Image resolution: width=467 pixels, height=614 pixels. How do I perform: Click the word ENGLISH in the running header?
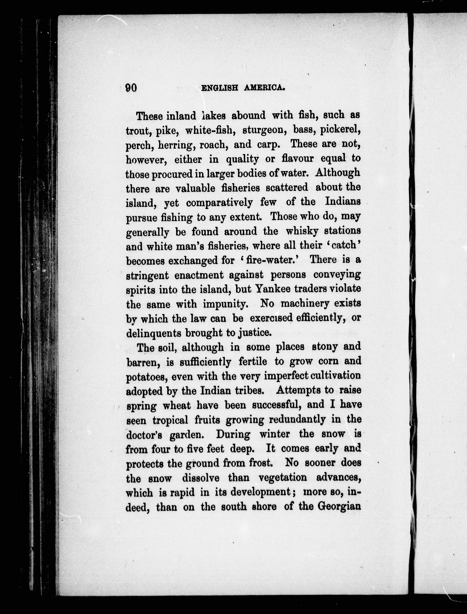[220, 88]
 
